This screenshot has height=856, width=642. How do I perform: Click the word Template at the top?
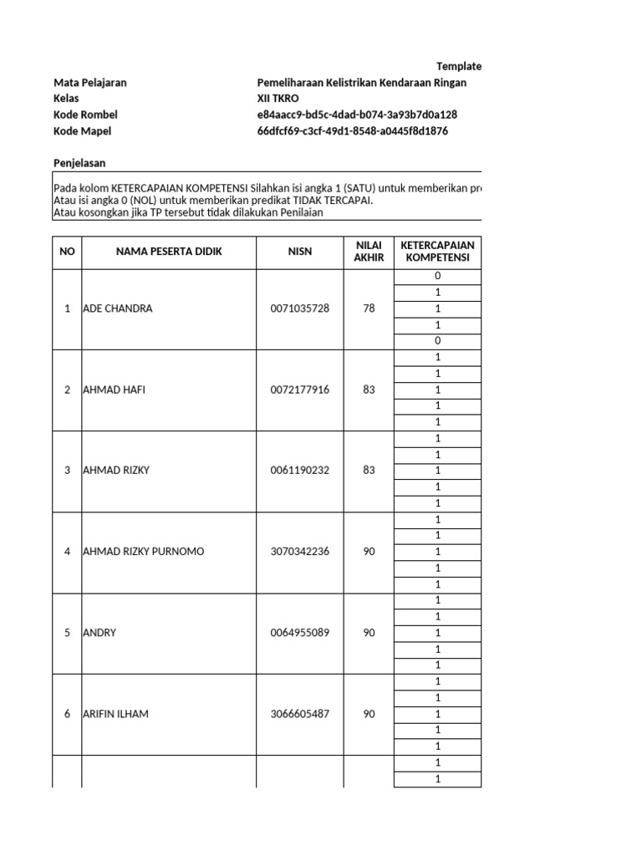459,66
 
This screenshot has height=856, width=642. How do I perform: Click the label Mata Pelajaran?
90,83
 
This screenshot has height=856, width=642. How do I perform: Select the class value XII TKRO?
278,99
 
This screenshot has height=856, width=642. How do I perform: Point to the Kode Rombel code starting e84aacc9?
357,115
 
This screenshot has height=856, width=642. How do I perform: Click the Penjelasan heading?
79,163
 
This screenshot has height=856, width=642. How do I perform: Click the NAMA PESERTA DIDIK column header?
169,252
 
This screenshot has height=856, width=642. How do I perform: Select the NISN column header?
299,252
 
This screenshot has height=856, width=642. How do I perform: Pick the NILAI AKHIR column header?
369,252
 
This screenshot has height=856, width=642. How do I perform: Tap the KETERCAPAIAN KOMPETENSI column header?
437,252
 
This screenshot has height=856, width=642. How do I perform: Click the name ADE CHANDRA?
117,308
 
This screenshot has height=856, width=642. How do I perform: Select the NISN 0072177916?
299,390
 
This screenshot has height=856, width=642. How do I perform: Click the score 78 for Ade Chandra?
369,308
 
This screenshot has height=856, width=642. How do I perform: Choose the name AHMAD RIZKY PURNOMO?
143,552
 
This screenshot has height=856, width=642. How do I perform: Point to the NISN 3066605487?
299,714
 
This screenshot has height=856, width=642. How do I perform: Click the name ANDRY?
99,633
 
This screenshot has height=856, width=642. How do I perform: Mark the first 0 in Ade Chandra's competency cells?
437,276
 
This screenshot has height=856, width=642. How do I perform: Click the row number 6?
67,714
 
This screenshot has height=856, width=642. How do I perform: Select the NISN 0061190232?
299,471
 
